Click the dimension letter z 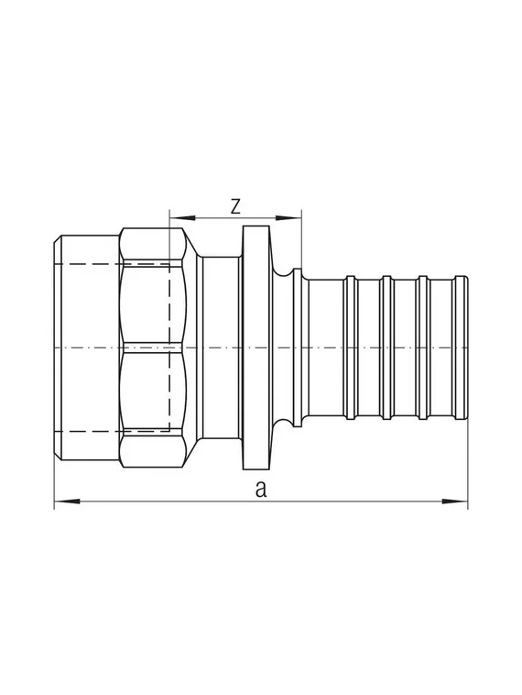(x=235, y=205)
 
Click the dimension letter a (x=261, y=490)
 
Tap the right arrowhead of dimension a (x=460, y=502)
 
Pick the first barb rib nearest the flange (x=350, y=348)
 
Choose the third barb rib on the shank (x=422, y=348)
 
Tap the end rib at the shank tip (x=462, y=348)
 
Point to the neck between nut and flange (x=220, y=348)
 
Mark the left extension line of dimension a (x=55, y=477)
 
